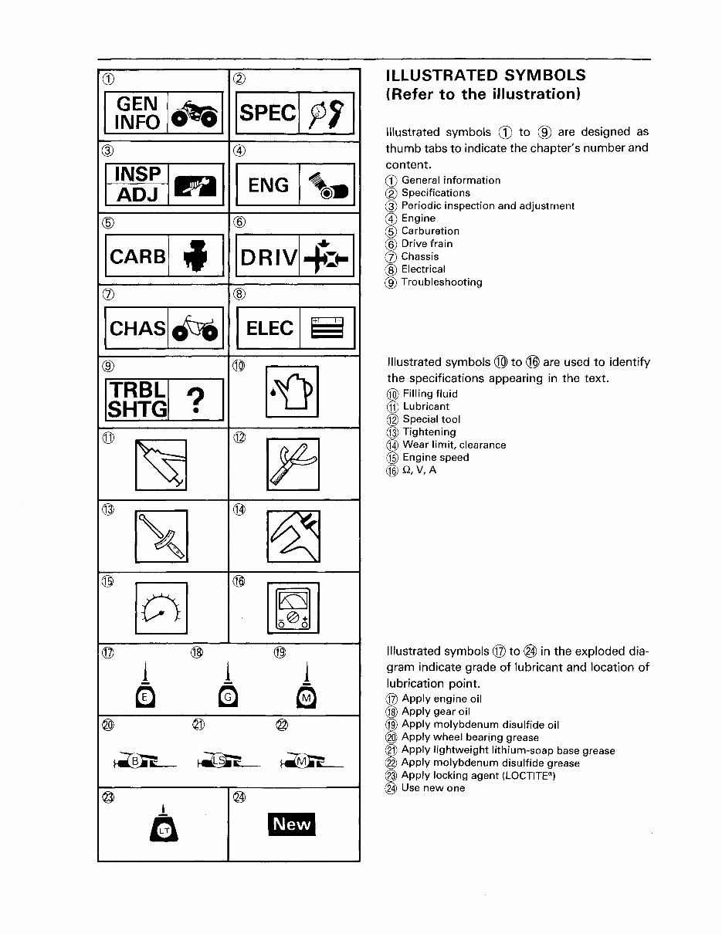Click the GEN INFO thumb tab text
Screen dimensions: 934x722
pos(137,113)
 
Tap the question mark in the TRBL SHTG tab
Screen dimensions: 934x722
pos(197,401)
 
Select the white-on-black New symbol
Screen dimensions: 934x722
pos(292,824)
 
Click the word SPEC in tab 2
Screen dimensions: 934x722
pos(267,113)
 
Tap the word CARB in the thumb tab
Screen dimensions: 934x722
pos(137,256)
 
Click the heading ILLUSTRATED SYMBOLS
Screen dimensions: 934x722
pos(485,76)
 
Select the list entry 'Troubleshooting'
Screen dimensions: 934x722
pos(442,283)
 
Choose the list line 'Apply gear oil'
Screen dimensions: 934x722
pos(436,712)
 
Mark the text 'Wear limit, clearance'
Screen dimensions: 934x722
pos(454,445)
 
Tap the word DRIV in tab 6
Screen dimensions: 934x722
pos(268,258)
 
